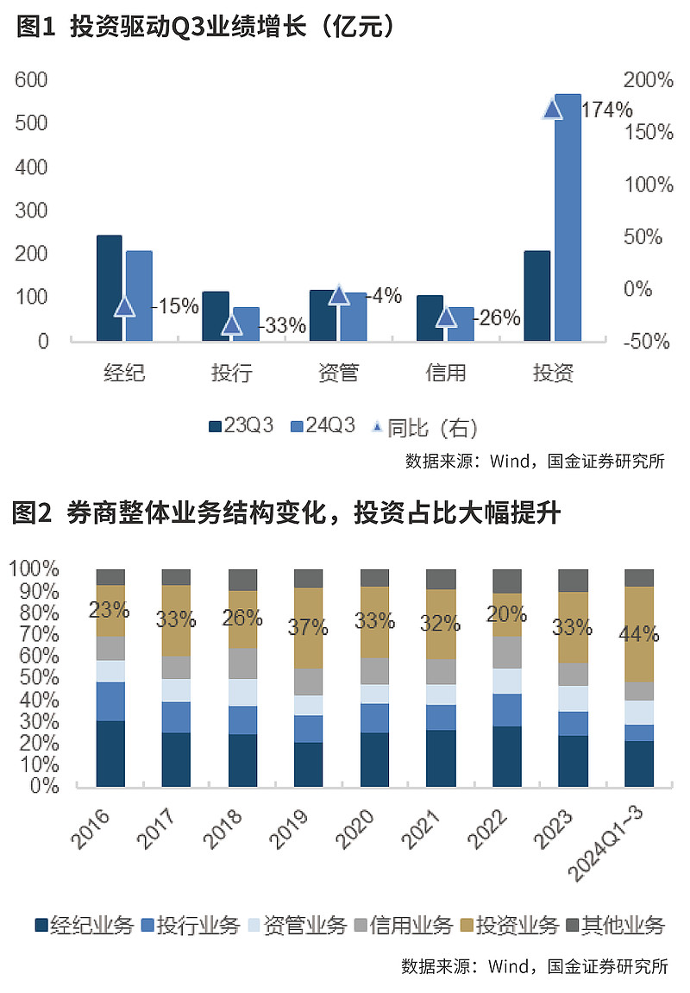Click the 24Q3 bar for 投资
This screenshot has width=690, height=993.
click(x=568, y=216)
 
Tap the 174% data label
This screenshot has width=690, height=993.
click(x=607, y=110)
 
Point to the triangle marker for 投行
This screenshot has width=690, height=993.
click(x=231, y=324)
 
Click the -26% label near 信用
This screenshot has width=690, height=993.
click(x=499, y=318)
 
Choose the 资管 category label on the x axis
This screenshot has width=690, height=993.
click(x=338, y=374)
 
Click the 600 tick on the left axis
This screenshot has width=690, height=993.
click(x=31, y=80)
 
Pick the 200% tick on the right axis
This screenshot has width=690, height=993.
click(x=647, y=80)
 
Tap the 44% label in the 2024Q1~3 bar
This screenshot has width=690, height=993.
click(x=639, y=635)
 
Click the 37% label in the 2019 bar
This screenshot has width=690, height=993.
click(x=308, y=627)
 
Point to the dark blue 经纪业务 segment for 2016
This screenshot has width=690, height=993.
click(x=110, y=753)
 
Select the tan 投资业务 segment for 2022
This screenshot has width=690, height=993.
click(x=507, y=615)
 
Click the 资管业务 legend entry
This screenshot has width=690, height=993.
click(x=298, y=926)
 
